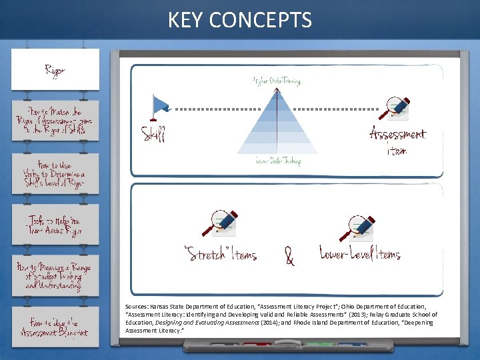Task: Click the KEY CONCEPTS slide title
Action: point(240,20)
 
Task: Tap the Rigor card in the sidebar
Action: point(55,69)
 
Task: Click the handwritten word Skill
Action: point(153,134)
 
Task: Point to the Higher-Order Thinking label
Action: point(277,81)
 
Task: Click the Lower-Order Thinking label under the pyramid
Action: point(277,161)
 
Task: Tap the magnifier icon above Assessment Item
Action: point(399,107)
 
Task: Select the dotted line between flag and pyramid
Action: point(213,108)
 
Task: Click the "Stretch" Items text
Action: point(220,255)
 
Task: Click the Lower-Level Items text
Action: point(360,254)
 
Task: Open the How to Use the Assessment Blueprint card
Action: point(55,326)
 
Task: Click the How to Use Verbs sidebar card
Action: point(55,174)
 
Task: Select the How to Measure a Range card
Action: point(55,275)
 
